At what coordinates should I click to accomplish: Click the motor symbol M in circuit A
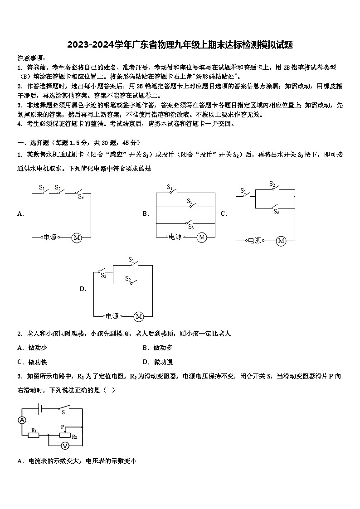tap(77, 238)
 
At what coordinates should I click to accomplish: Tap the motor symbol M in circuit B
tap(202, 237)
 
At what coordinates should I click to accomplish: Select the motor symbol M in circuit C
tap(281, 241)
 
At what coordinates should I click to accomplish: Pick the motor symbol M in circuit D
tap(139, 316)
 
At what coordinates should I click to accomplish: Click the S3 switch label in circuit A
tap(81, 197)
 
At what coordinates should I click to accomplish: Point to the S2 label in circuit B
tap(190, 202)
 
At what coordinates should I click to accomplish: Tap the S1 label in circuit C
tap(243, 190)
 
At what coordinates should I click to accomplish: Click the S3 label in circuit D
tap(103, 275)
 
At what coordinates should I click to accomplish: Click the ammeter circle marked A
tap(22, 420)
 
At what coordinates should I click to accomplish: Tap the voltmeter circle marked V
tap(65, 446)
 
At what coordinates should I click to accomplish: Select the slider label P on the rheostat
tap(63, 427)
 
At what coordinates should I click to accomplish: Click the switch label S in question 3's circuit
tap(63, 412)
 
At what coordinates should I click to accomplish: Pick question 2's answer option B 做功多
tap(163, 348)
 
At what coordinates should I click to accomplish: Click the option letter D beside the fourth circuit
tap(83, 289)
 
